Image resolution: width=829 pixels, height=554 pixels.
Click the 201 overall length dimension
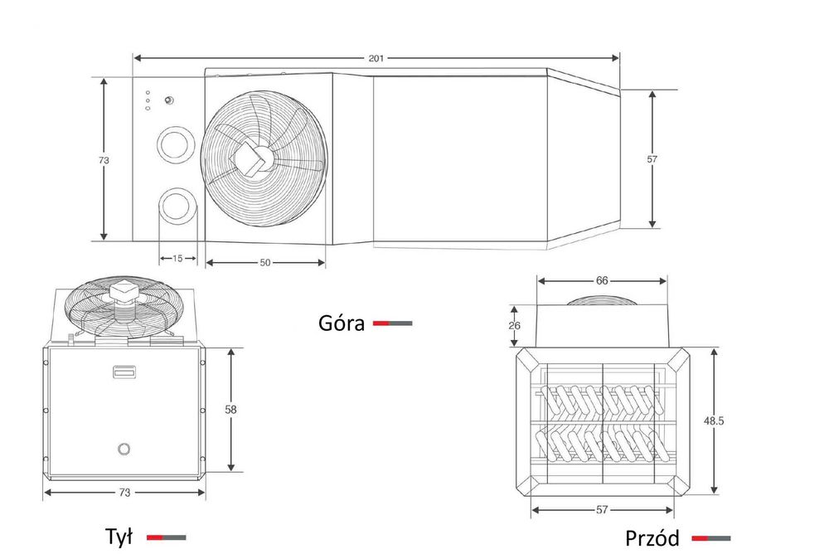(376, 58)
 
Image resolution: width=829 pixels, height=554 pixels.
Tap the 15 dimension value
(177, 258)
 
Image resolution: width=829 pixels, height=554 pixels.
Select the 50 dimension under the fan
(265, 262)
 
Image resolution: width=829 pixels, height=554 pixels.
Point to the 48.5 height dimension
(714, 421)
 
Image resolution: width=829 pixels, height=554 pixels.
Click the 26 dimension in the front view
(515, 325)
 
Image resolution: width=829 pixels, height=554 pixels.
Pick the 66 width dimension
(602, 280)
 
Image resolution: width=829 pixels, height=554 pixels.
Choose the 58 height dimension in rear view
(230, 409)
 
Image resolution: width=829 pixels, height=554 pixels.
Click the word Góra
(342, 323)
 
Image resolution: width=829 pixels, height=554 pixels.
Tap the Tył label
(119, 537)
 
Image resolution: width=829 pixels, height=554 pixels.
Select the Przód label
(652, 538)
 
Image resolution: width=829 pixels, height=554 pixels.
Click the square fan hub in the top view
(250, 158)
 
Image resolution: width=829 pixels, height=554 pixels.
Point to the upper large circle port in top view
(176, 143)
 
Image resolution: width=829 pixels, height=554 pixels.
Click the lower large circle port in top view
(177, 206)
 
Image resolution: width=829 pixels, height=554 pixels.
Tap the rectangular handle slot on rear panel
(125, 373)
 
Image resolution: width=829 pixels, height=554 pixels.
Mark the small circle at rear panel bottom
(124, 450)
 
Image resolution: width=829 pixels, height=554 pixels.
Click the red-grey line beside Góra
(392, 323)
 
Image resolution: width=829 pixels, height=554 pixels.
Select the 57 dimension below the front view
(602, 509)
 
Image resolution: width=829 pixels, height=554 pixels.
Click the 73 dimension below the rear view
(124, 493)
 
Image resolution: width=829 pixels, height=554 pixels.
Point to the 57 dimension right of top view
(652, 158)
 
